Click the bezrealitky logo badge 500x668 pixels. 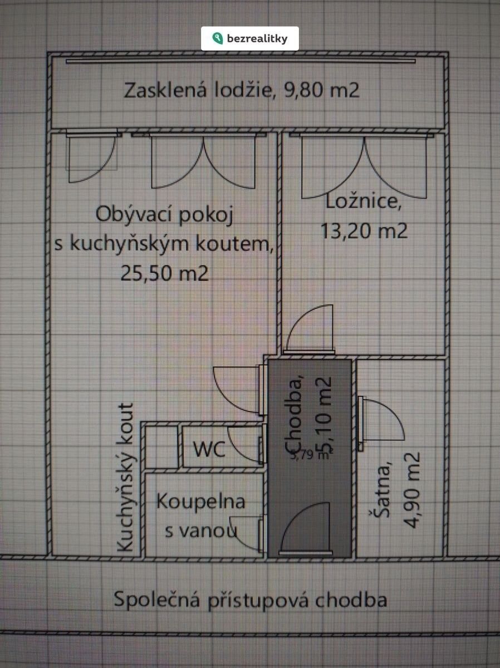[x=250, y=38]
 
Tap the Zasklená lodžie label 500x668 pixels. [x=242, y=90]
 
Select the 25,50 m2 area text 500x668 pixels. [x=164, y=273]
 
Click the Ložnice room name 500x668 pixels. [x=362, y=203]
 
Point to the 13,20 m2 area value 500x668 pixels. [x=364, y=230]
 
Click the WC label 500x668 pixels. [x=209, y=448]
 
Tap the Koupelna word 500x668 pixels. [x=200, y=501]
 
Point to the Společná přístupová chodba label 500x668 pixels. [x=250, y=600]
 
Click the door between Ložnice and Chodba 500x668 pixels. [x=309, y=330]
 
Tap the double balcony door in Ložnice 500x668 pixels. [x=363, y=167]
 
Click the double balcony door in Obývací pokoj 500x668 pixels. [x=204, y=161]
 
